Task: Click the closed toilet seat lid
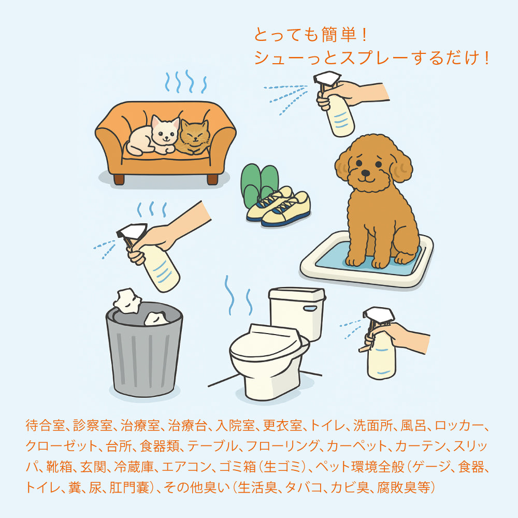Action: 264,342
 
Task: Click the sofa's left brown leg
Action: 119,179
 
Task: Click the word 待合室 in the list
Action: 45,426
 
